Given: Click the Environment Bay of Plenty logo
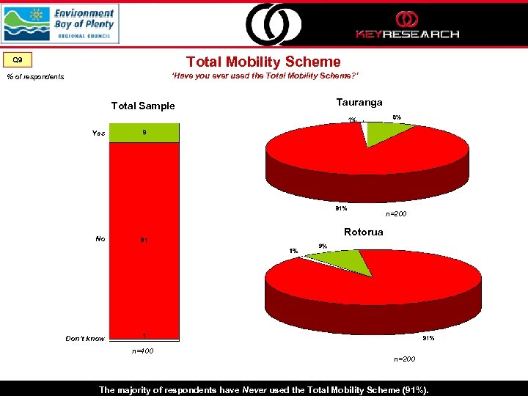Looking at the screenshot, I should coord(60,23).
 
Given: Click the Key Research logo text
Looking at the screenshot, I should coord(407,33).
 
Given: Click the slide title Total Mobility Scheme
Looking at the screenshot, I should coord(263,62).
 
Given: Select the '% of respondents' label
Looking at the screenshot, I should coord(35,77).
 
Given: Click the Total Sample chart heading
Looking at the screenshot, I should coord(143,106).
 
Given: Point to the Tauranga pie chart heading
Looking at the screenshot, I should coord(359,102).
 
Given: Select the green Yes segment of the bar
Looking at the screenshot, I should coord(144,133).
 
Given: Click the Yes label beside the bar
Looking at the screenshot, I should coord(98,133).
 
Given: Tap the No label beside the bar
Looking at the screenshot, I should coord(100,238).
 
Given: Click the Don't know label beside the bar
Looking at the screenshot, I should coord(85,339).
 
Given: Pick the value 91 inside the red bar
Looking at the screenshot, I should coord(144,240).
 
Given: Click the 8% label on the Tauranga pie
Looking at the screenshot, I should coord(397,117).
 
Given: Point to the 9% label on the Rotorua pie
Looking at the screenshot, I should coord(323,246).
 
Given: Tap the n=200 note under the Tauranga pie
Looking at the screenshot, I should coord(397,214).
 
